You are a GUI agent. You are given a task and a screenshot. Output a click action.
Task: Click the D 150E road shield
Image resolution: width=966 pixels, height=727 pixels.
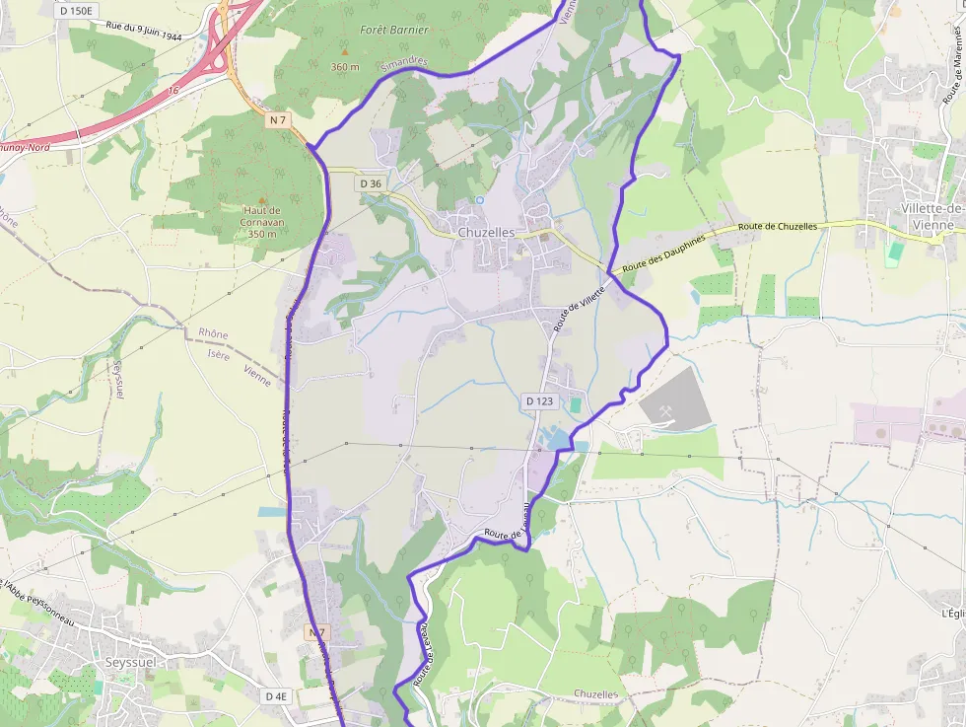click(x=75, y=11)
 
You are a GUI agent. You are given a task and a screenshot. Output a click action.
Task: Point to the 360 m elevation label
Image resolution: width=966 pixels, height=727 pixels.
click(x=345, y=67)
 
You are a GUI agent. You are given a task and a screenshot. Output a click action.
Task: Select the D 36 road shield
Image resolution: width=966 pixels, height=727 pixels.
click(x=371, y=183)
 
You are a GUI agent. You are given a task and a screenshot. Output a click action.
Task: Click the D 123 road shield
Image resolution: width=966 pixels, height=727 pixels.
click(x=539, y=401)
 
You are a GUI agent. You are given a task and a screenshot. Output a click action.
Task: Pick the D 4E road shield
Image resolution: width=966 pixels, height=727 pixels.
click(x=277, y=695)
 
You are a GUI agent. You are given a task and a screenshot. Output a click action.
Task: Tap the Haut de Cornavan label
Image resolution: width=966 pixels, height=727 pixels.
click(x=262, y=222)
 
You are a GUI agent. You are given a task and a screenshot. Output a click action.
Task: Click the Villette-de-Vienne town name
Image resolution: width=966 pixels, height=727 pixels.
click(x=931, y=216)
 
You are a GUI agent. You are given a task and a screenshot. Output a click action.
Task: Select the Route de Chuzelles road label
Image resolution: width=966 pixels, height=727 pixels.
click(x=778, y=227)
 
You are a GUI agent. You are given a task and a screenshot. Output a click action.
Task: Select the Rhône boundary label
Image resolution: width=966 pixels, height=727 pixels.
click(x=213, y=334)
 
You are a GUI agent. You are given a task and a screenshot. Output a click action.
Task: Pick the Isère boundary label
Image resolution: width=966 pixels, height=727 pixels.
click(x=219, y=355)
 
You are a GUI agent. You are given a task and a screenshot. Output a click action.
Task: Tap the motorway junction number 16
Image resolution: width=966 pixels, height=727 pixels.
click(x=173, y=90)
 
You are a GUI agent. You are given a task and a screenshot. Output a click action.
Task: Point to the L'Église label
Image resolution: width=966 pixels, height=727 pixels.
click(x=953, y=613)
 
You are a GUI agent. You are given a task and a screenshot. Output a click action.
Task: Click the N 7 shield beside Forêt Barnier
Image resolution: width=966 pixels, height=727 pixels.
click(x=278, y=119)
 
